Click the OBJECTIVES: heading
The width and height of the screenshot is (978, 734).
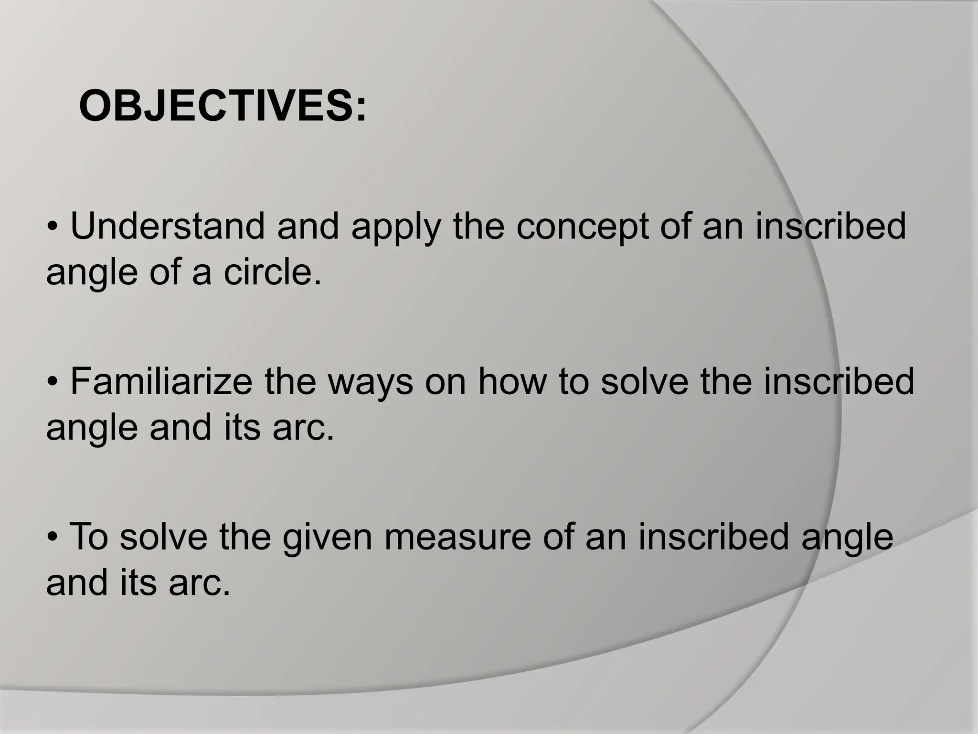click(x=223, y=107)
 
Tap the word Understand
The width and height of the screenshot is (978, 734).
click(x=167, y=226)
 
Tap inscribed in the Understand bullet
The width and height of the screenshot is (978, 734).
click(x=830, y=226)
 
